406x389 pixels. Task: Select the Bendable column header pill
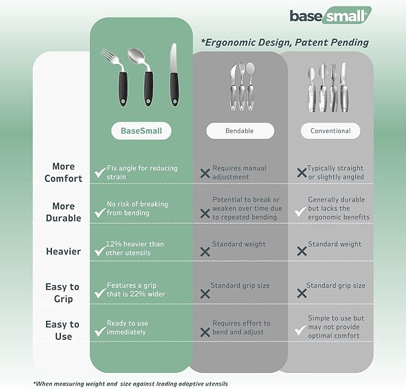click(240, 130)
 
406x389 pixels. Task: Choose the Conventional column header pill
click(330, 130)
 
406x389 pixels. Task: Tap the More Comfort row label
click(63, 172)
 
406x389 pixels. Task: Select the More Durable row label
click(63, 212)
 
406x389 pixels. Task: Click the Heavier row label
click(63, 251)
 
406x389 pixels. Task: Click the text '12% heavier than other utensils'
click(135, 248)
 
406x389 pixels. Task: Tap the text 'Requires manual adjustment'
click(239, 173)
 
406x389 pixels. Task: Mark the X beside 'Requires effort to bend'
click(205, 332)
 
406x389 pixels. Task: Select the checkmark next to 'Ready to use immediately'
click(100, 331)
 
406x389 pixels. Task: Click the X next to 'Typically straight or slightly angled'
click(302, 173)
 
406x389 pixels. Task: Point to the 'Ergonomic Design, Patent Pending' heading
click(285, 42)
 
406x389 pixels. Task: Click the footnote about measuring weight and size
click(130, 383)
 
